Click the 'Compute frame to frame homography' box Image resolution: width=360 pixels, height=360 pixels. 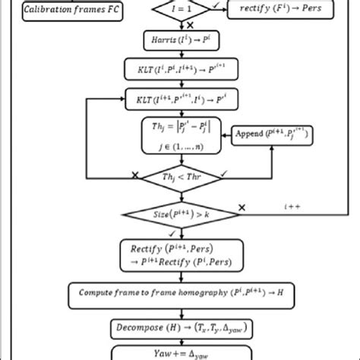[179, 292]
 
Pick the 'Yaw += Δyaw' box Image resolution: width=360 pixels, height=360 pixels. [179, 352]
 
